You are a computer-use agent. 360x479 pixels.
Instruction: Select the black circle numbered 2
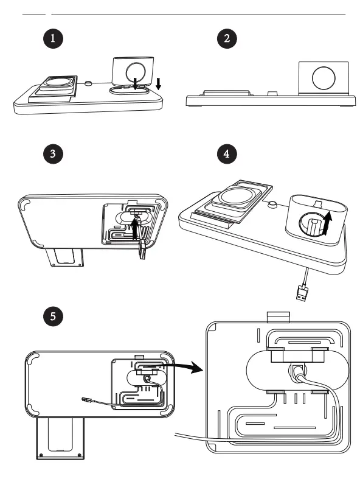pyautogui.click(x=227, y=38)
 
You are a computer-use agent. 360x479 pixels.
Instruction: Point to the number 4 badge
pyautogui.click(x=227, y=153)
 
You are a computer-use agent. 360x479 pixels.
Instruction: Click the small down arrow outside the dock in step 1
pyautogui.click(x=159, y=83)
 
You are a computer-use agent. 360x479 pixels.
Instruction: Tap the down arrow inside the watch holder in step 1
pyautogui.click(x=134, y=79)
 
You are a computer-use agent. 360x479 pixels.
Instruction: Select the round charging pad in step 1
pyautogui.click(x=58, y=83)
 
